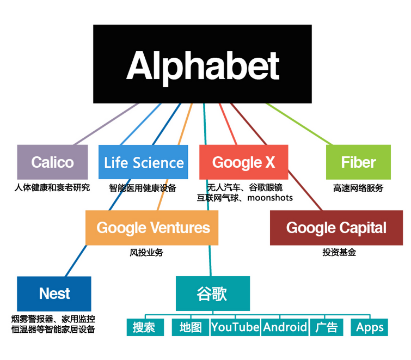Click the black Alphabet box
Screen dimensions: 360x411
point(203,64)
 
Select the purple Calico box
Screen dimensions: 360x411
point(52,162)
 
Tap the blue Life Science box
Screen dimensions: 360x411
point(144,162)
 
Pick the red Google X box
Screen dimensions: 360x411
point(243,162)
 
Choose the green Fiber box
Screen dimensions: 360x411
point(358,162)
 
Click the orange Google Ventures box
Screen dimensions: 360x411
point(152,227)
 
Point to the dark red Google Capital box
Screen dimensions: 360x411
point(336,227)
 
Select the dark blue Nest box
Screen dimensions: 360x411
point(54,294)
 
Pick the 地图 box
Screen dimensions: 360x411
point(191,327)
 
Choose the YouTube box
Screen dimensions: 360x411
point(235,327)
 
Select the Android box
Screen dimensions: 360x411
point(285,327)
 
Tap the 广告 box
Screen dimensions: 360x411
point(326,327)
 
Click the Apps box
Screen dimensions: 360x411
point(370,327)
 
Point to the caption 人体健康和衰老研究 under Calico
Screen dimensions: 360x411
point(52,188)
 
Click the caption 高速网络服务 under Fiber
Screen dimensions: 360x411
point(358,188)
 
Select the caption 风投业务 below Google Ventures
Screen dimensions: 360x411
point(146,253)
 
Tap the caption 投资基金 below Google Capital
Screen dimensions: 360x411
point(339,253)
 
